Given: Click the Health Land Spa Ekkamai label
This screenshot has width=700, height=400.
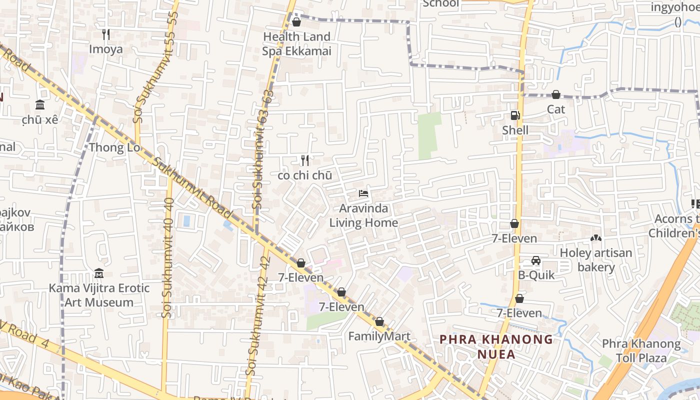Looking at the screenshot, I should tap(296, 44).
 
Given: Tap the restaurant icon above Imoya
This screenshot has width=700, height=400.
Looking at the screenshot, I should tap(105, 34).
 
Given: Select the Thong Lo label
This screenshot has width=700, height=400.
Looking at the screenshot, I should tap(113, 147).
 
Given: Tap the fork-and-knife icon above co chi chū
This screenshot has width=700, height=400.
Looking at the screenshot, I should tap(305, 160).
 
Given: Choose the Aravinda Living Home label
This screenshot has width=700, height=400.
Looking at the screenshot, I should tap(363, 215).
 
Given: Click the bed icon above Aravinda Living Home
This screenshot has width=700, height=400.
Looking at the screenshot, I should tap(363, 193).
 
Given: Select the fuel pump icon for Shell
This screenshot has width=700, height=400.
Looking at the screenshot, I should tap(515, 115).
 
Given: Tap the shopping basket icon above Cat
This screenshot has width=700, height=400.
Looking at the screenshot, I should tap(555, 94).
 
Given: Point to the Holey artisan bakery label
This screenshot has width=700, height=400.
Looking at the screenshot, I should tap(596, 260).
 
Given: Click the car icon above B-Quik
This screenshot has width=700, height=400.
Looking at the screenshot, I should tap(536, 260).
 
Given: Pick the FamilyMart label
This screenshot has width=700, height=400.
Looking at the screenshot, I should tap(379, 336).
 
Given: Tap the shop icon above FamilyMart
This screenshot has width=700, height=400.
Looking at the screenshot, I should tap(379, 321).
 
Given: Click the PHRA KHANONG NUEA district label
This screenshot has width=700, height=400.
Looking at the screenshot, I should tap(496, 347).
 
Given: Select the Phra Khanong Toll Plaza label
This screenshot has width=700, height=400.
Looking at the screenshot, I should tap(641, 351).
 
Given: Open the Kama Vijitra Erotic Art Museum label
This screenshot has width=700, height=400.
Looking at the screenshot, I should tap(99, 295).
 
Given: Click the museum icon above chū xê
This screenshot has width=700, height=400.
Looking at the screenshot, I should tap(40, 104).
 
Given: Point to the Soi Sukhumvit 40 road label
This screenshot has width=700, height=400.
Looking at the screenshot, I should tap(168, 257).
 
